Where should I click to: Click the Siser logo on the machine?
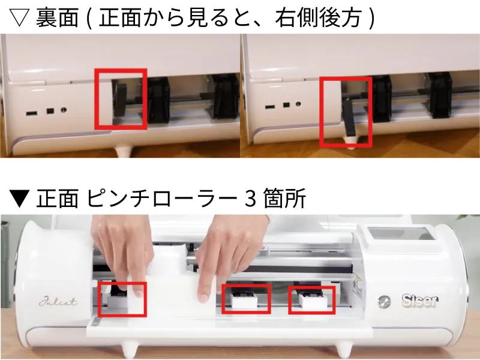(x=419, y=301)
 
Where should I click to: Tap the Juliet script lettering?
(x=58, y=302)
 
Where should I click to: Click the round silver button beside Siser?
(x=384, y=302)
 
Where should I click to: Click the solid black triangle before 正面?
(x=19, y=198)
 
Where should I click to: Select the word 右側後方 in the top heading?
(x=319, y=18)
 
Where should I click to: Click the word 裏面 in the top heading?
(x=57, y=18)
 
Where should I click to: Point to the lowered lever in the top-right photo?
(x=350, y=117)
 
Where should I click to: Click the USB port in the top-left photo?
(x=32, y=113)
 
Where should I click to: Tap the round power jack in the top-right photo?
(x=298, y=104)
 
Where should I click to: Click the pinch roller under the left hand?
(x=118, y=298)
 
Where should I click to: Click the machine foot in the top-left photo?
(x=124, y=151)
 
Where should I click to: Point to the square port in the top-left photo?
(x=50, y=110)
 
